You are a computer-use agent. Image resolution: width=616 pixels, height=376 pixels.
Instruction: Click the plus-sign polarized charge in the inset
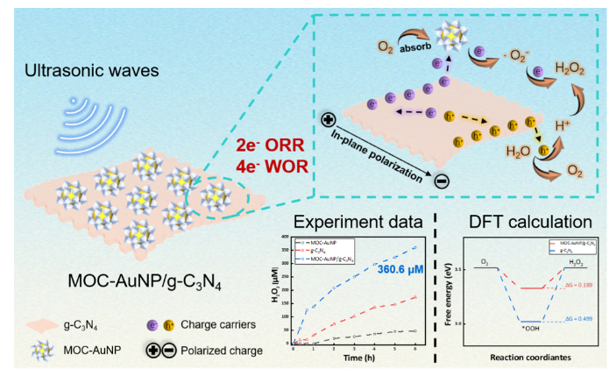(x=328, y=119)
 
